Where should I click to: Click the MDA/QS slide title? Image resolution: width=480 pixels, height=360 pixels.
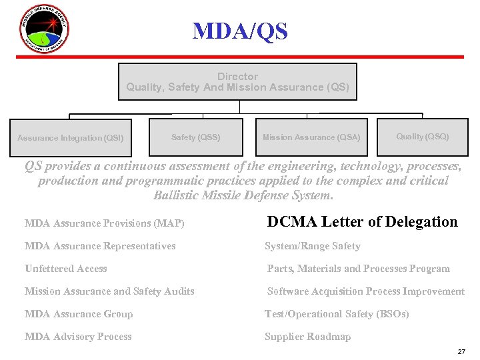click(x=240, y=31)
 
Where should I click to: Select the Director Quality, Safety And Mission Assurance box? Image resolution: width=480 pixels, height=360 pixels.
click(x=237, y=82)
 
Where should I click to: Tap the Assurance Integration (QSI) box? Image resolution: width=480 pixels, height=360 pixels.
click(x=70, y=138)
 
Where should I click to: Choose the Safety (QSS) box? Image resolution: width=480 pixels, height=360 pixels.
click(x=195, y=137)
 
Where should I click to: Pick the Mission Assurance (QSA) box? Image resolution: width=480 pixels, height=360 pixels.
click(x=311, y=137)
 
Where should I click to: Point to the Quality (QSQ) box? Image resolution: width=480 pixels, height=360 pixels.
click(x=423, y=137)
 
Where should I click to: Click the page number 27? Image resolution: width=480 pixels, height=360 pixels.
click(x=461, y=351)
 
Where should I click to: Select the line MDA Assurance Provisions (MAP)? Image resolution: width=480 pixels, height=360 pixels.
click(x=104, y=223)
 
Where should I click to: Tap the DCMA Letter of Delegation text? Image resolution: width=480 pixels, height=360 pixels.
click(x=362, y=222)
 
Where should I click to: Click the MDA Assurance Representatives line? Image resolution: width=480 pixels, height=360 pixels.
click(x=100, y=246)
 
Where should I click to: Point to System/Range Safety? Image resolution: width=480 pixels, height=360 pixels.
click(x=312, y=246)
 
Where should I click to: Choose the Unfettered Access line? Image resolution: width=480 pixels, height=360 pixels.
click(x=65, y=269)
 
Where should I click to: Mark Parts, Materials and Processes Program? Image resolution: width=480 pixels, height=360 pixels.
click(x=358, y=269)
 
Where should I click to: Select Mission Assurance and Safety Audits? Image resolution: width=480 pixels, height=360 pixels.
click(x=109, y=291)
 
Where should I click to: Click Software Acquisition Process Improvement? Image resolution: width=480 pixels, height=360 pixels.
click(x=365, y=291)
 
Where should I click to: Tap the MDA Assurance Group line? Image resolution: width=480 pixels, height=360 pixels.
click(x=79, y=314)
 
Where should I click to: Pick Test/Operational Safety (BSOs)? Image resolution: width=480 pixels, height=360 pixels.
click(x=337, y=314)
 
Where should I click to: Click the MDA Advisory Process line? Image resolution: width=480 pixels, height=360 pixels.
click(x=78, y=337)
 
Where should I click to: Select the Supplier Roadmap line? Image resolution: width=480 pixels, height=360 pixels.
click(x=307, y=337)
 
